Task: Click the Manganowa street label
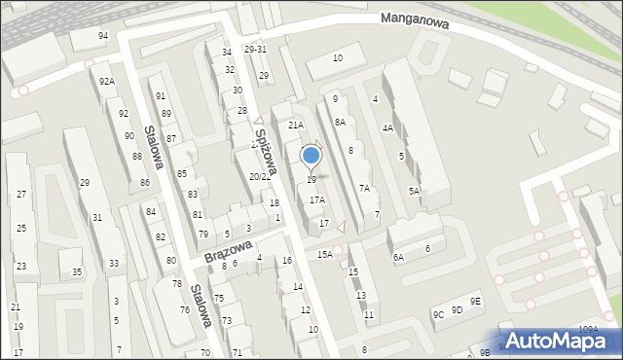415,21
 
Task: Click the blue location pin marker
311,157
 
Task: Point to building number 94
103,35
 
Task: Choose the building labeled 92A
107,82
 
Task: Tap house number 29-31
255,49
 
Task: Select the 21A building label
296,126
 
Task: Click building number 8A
340,122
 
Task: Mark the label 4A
387,128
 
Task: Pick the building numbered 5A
414,191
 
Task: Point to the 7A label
364,189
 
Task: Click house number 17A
317,199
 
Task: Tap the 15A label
324,254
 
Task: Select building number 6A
398,257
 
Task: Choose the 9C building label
439,314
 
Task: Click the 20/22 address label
260,176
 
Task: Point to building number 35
77,272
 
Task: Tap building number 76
185,310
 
